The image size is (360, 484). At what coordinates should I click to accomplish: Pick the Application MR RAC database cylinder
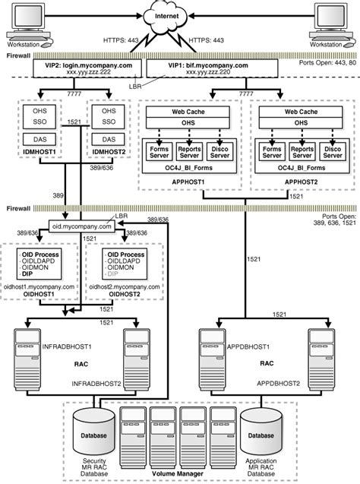point(262,435)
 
